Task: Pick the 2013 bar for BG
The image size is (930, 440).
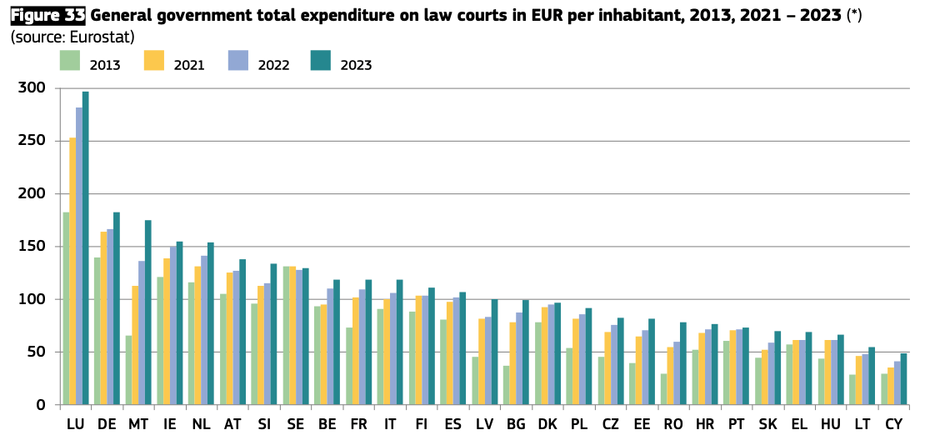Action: coord(506,385)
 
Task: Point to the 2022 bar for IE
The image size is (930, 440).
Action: coord(172,326)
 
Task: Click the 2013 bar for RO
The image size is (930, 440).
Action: coord(663,389)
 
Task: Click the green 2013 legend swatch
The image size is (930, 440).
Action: coord(70,61)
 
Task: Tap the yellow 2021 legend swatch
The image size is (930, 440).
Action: coord(154,61)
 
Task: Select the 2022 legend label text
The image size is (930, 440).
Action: coord(273,65)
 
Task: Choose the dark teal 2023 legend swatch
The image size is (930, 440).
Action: coord(321,61)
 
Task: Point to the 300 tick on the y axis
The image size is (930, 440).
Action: coord(35,88)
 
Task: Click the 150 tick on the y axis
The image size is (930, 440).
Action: coord(35,247)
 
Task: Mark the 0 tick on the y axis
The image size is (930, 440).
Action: coord(42,405)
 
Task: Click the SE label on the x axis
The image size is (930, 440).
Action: coord(295,425)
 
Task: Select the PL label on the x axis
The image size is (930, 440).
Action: coord(578,425)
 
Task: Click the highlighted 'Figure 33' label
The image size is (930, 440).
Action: coord(47,15)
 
